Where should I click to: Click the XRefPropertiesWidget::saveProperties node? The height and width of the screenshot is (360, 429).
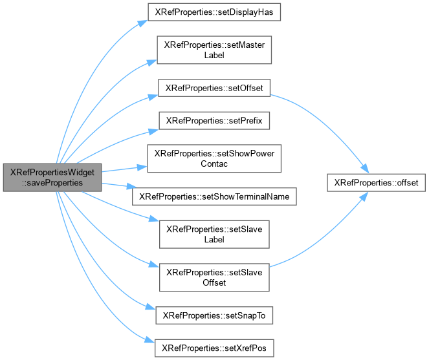tap(52, 177)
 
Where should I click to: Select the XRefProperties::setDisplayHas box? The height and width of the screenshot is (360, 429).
tap(214, 12)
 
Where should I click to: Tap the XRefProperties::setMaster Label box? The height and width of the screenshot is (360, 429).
tap(214, 50)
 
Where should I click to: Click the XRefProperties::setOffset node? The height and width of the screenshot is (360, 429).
tap(214, 88)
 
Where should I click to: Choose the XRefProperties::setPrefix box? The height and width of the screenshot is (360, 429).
tap(214, 121)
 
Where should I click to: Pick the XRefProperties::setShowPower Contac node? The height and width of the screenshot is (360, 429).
tap(214, 158)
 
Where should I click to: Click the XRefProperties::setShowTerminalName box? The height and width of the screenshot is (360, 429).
tap(214, 196)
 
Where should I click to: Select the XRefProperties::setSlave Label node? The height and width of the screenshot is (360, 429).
tap(214, 234)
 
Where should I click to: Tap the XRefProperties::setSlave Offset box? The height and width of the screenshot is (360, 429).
tap(214, 277)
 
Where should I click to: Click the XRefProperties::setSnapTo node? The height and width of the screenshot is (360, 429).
tap(214, 315)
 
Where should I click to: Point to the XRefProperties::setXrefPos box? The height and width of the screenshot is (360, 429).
tap(214, 348)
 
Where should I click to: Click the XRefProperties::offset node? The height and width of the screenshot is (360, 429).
tap(376, 183)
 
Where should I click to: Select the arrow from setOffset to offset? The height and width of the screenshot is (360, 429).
tap(328, 122)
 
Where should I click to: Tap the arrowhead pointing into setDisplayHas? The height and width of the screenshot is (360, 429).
tap(143, 23)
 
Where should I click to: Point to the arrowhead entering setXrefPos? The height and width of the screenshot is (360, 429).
tap(150, 340)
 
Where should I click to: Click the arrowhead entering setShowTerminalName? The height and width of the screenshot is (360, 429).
tap(131, 187)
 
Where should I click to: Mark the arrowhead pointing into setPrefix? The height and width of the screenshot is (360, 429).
tap(154, 131)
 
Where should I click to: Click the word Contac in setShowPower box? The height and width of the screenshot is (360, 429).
tap(214, 164)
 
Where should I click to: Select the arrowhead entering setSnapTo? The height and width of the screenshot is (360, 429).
tap(151, 307)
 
